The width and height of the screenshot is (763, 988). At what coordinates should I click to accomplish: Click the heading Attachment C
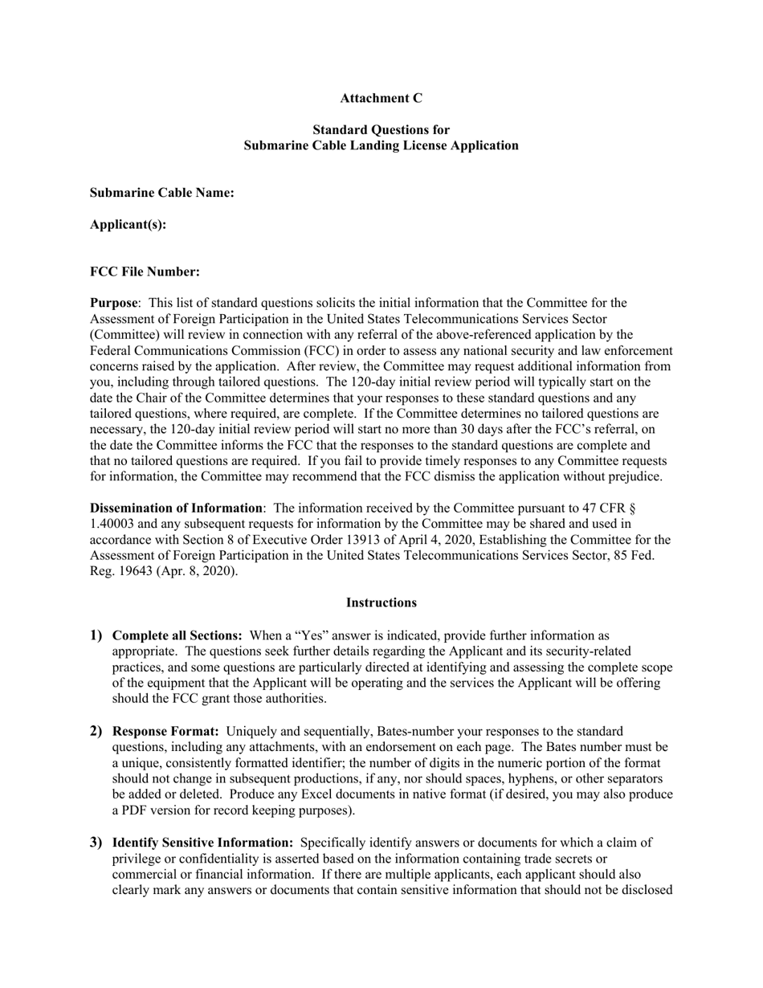point(381,98)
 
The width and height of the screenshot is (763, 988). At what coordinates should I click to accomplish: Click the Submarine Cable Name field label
point(161,193)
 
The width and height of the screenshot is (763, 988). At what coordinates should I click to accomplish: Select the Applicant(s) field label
point(128,224)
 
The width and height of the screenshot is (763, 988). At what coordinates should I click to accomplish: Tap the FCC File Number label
point(145,271)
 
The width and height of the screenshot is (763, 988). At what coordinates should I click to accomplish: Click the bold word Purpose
point(113,303)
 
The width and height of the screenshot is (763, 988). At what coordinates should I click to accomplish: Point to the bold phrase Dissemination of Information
point(176,508)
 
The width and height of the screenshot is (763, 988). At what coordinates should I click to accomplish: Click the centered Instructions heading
point(381,602)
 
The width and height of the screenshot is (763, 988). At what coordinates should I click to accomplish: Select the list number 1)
point(96,635)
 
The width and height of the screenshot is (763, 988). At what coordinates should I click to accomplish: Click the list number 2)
point(96,731)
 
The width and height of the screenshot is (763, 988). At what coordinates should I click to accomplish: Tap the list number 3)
point(96,842)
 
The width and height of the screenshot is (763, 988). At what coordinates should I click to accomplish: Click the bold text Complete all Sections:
point(177,635)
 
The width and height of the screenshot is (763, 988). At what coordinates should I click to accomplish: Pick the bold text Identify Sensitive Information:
point(202,843)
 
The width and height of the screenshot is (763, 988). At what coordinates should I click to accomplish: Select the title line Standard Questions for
point(381,129)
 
